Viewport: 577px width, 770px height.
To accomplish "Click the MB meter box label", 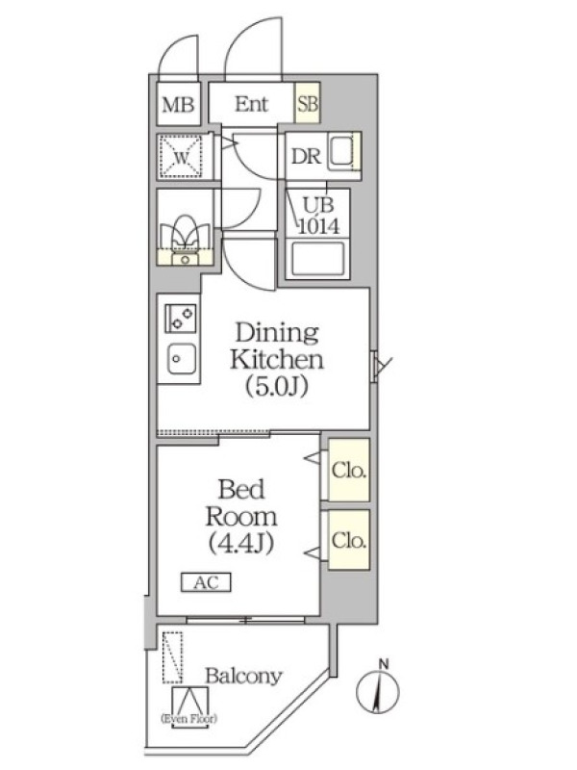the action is [x=178, y=105].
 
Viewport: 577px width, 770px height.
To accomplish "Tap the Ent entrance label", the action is [x=251, y=104].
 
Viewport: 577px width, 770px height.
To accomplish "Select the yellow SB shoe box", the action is [x=307, y=103].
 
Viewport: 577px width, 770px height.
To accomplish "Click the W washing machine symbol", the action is [x=182, y=156].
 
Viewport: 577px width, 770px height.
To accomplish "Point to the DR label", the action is [x=306, y=157].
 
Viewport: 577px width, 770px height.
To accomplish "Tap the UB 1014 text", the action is [x=319, y=215].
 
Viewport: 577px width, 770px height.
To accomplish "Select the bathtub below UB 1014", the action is [x=317, y=258].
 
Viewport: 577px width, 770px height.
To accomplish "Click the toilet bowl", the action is [x=185, y=232].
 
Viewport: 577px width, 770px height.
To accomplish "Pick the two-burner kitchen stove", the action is [x=180, y=318].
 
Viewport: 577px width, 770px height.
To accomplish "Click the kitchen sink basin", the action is [x=182, y=358].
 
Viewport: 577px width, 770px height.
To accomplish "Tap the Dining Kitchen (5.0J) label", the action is [x=276, y=359].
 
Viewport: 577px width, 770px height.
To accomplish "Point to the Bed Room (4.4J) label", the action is [x=241, y=516].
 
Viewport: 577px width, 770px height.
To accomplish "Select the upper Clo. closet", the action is [x=349, y=470].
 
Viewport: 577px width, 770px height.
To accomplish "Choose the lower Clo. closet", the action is [x=349, y=540].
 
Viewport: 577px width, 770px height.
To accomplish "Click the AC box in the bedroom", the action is [x=206, y=582].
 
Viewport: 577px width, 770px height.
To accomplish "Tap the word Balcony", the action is [x=243, y=677].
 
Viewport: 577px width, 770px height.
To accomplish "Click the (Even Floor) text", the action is [x=188, y=719].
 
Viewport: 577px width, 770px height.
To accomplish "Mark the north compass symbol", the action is [x=377, y=688].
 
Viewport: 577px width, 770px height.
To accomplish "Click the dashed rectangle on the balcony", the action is [x=172, y=657].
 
